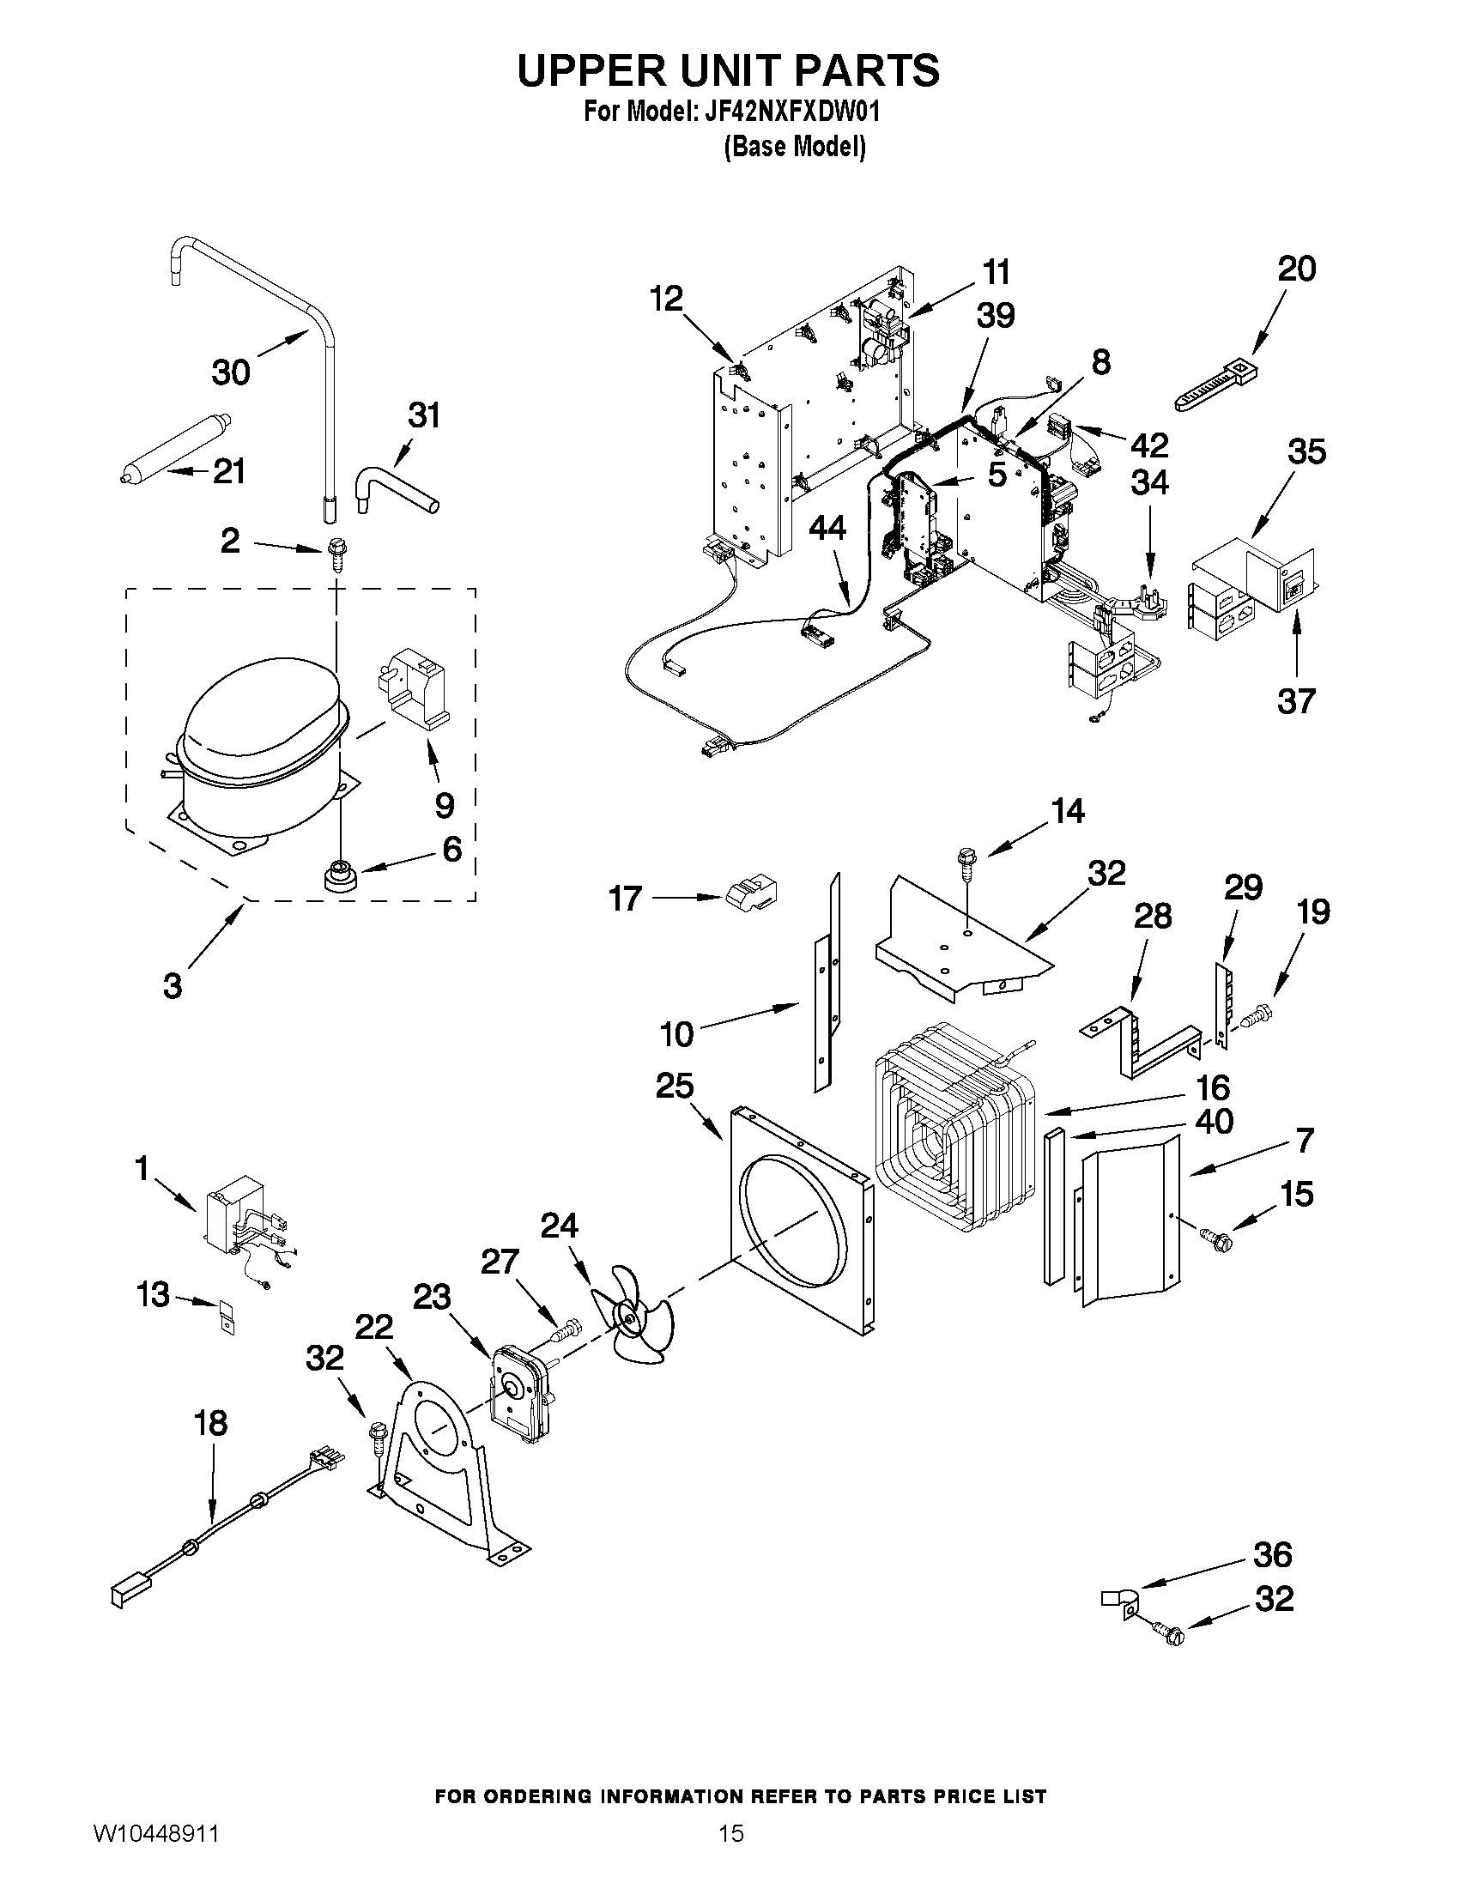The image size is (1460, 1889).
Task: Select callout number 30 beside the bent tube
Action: tap(231, 372)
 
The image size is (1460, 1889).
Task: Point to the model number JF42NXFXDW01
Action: tap(788, 112)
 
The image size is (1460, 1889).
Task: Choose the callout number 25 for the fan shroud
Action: tap(675, 1087)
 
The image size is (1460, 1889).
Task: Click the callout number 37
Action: tap(1296, 700)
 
